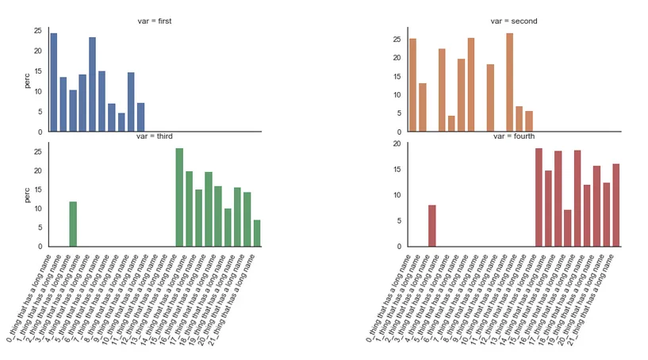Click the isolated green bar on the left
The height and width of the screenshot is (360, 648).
click(73, 224)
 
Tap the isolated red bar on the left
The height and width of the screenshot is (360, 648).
click(432, 226)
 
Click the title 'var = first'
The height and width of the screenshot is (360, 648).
click(155, 21)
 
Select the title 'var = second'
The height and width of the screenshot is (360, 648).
click(516, 21)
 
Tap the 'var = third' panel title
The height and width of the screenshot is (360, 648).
click(155, 136)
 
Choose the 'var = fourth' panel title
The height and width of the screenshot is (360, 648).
click(515, 136)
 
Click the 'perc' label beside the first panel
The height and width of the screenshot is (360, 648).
click(28, 79)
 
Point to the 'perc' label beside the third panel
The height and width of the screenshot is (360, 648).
click(28, 194)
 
